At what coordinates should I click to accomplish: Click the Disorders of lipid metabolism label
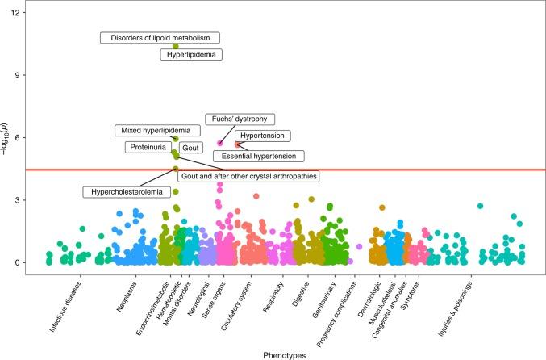(x=160, y=38)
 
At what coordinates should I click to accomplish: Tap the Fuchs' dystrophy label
(x=240, y=119)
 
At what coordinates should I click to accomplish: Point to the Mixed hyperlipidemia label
(x=156, y=130)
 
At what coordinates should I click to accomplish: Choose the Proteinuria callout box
(x=148, y=148)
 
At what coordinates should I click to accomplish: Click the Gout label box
(x=190, y=149)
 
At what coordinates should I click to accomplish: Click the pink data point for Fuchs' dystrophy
(x=219, y=143)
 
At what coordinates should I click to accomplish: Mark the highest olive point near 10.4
(x=176, y=46)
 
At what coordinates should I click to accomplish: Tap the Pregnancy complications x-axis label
(x=336, y=308)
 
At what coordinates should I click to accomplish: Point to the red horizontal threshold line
(x=403, y=170)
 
